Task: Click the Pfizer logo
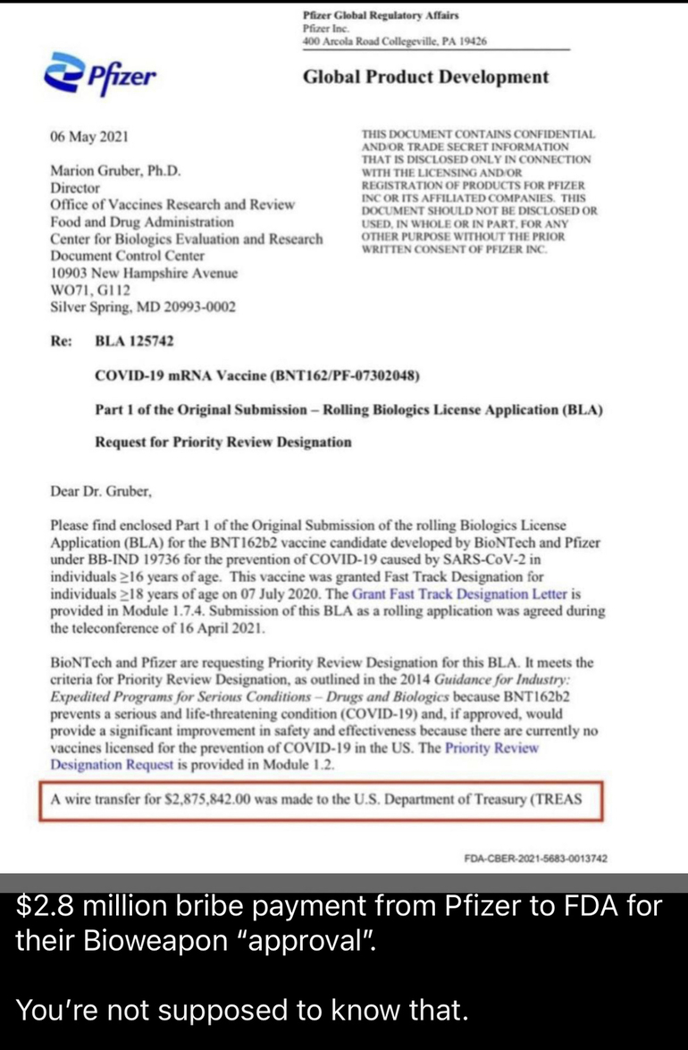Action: point(99,78)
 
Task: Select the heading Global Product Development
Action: point(426,77)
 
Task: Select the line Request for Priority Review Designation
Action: point(222,441)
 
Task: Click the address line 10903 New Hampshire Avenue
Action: point(144,273)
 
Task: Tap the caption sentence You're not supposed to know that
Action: point(241,1010)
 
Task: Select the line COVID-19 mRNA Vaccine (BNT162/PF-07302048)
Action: point(256,374)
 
